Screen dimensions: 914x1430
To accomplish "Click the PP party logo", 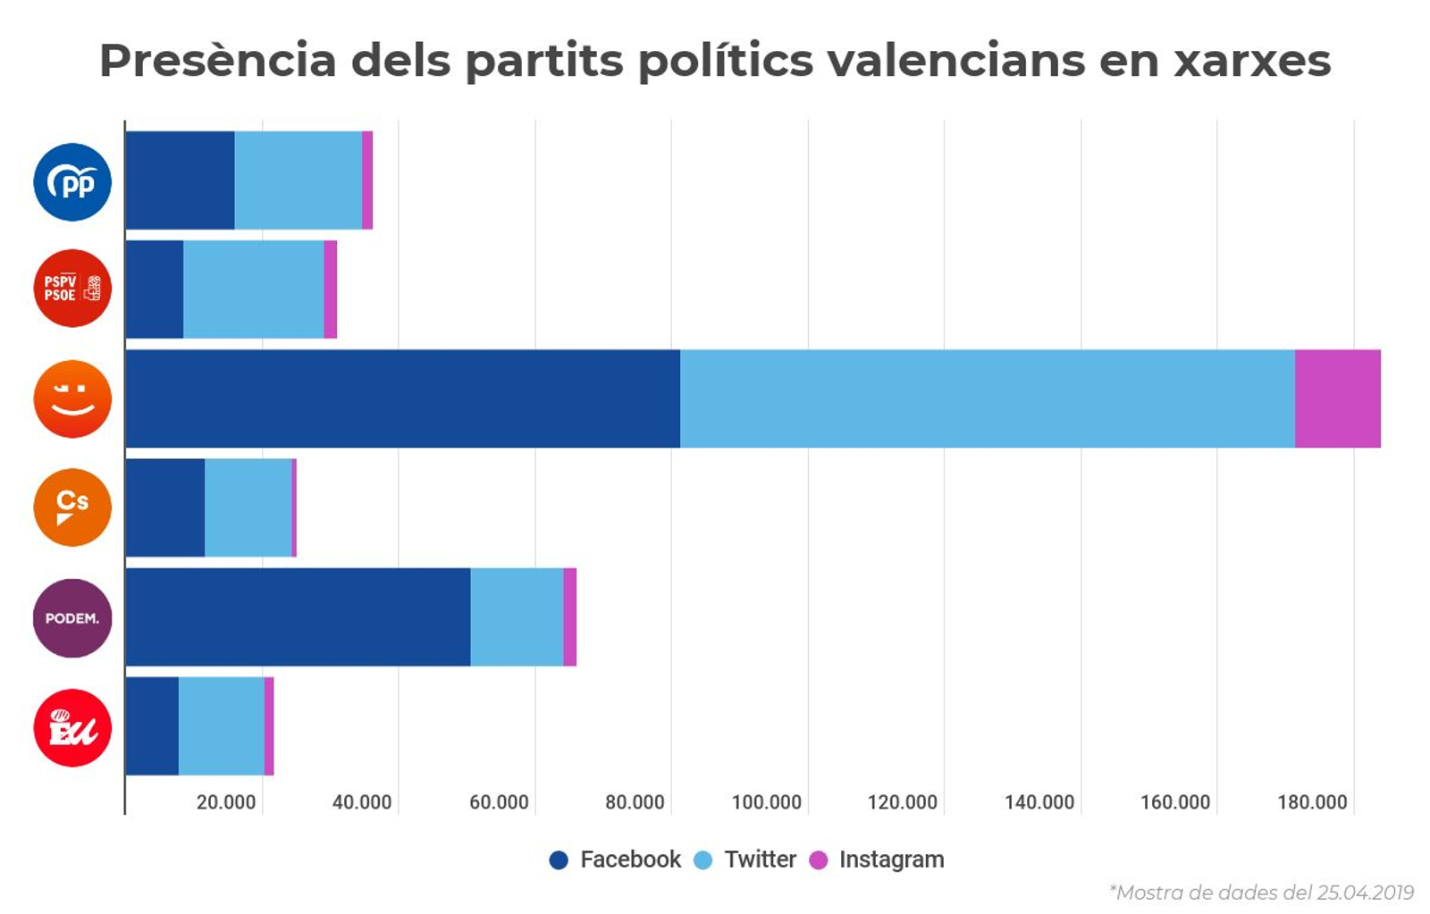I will (x=72, y=182).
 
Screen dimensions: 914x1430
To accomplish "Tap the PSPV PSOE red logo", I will (x=72, y=289).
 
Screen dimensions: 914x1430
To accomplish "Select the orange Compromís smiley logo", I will (x=72, y=398).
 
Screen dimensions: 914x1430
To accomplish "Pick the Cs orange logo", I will (x=72, y=507).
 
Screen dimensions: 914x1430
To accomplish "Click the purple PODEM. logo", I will (x=72, y=618).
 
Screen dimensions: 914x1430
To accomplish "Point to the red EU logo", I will (x=72, y=727).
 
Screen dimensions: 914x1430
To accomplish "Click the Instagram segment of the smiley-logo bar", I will (x=1337, y=398).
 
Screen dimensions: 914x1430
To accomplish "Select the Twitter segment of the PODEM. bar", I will (x=517, y=617).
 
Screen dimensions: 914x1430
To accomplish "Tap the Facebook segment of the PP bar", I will (x=180, y=180).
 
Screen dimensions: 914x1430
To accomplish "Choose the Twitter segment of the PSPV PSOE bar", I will (x=253, y=289).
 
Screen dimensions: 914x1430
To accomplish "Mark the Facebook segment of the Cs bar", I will (x=165, y=507).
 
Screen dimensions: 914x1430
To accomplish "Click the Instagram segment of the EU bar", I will (x=269, y=726).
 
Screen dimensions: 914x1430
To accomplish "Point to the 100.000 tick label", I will (x=766, y=802).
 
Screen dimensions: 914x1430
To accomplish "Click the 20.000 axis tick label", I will (x=226, y=802).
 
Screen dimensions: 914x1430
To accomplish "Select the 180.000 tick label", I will (x=1311, y=802).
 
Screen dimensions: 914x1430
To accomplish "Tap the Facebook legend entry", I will (x=629, y=859).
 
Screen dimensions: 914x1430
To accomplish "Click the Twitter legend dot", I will (x=703, y=860).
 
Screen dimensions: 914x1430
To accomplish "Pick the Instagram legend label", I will (x=891, y=859).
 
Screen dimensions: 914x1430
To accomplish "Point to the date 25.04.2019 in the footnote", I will (x=1365, y=893).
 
